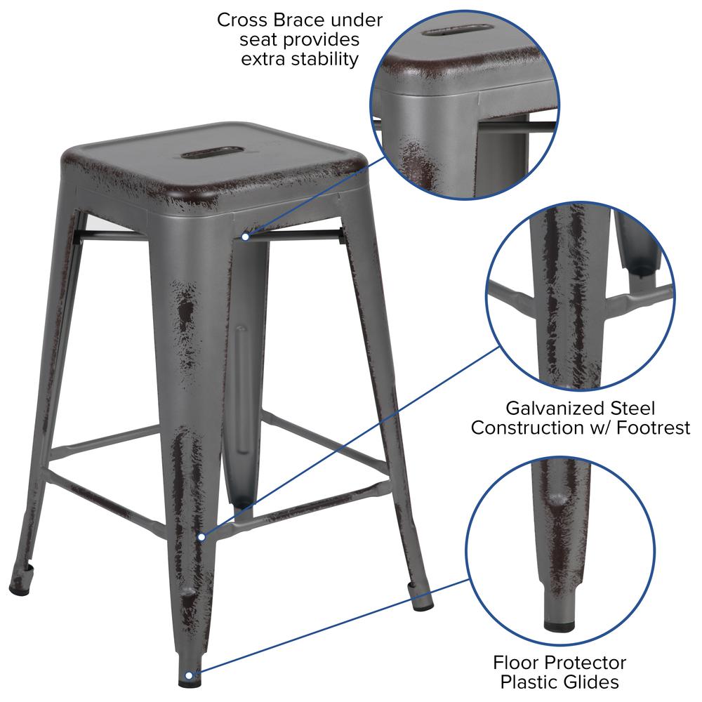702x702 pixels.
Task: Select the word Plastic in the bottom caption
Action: coord(526,682)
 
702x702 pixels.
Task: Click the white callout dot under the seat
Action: coord(245,237)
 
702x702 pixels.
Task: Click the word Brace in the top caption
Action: coord(300,20)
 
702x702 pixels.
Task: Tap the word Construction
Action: coord(534,428)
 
